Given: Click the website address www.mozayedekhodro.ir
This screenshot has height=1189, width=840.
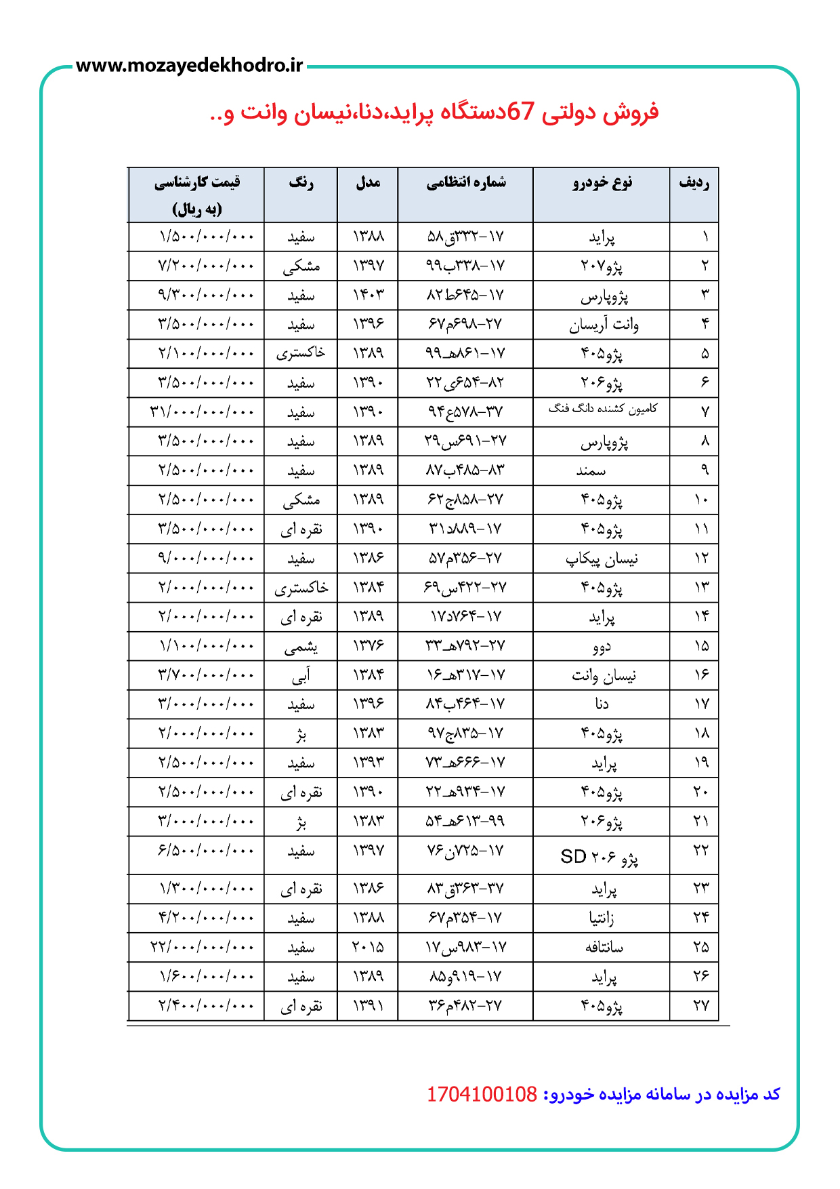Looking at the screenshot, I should pyautogui.click(x=189, y=66).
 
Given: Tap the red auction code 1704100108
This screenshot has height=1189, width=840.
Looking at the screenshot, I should pyautogui.click(x=482, y=1094).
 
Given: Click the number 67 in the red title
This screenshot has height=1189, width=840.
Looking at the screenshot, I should pyautogui.click(x=520, y=111).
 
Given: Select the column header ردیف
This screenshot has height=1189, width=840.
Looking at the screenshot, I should pyautogui.click(x=694, y=183).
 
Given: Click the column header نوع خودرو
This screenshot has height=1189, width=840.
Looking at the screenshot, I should pyautogui.click(x=602, y=183).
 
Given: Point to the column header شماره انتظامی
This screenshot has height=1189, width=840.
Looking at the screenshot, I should pyautogui.click(x=466, y=183).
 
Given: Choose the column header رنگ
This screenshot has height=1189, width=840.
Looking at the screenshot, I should pyautogui.click(x=301, y=183).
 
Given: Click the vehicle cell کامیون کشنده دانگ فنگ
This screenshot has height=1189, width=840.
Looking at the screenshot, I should pyautogui.click(x=602, y=409).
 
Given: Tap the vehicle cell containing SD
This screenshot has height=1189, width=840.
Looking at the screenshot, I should pyautogui.click(x=600, y=857).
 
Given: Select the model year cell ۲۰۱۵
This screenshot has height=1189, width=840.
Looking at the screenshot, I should pyautogui.click(x=368, y=947).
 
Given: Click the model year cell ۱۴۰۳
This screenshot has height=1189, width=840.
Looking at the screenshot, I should pyautogui.click(x=368, y=295).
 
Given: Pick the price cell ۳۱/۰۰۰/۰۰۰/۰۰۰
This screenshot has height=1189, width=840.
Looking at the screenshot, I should pyautogui.click(x=202, y=411).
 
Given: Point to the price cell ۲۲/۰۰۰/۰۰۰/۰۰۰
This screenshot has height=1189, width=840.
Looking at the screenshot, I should pyautogui.click(x=202, y=947).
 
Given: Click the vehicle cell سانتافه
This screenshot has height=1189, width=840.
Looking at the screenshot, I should pyautogui.click(x=604, y=947).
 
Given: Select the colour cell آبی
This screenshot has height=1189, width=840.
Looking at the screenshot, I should pyautogui.click(x=301, y=675).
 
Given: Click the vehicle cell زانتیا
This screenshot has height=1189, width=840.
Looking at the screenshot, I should pyautogui.click(x=602, y=918).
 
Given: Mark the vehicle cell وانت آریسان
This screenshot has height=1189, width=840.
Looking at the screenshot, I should pyautogui.click(x=604, y=325).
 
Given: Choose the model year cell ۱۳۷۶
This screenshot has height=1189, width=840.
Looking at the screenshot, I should pyautogui.click(x=368, y=646).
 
